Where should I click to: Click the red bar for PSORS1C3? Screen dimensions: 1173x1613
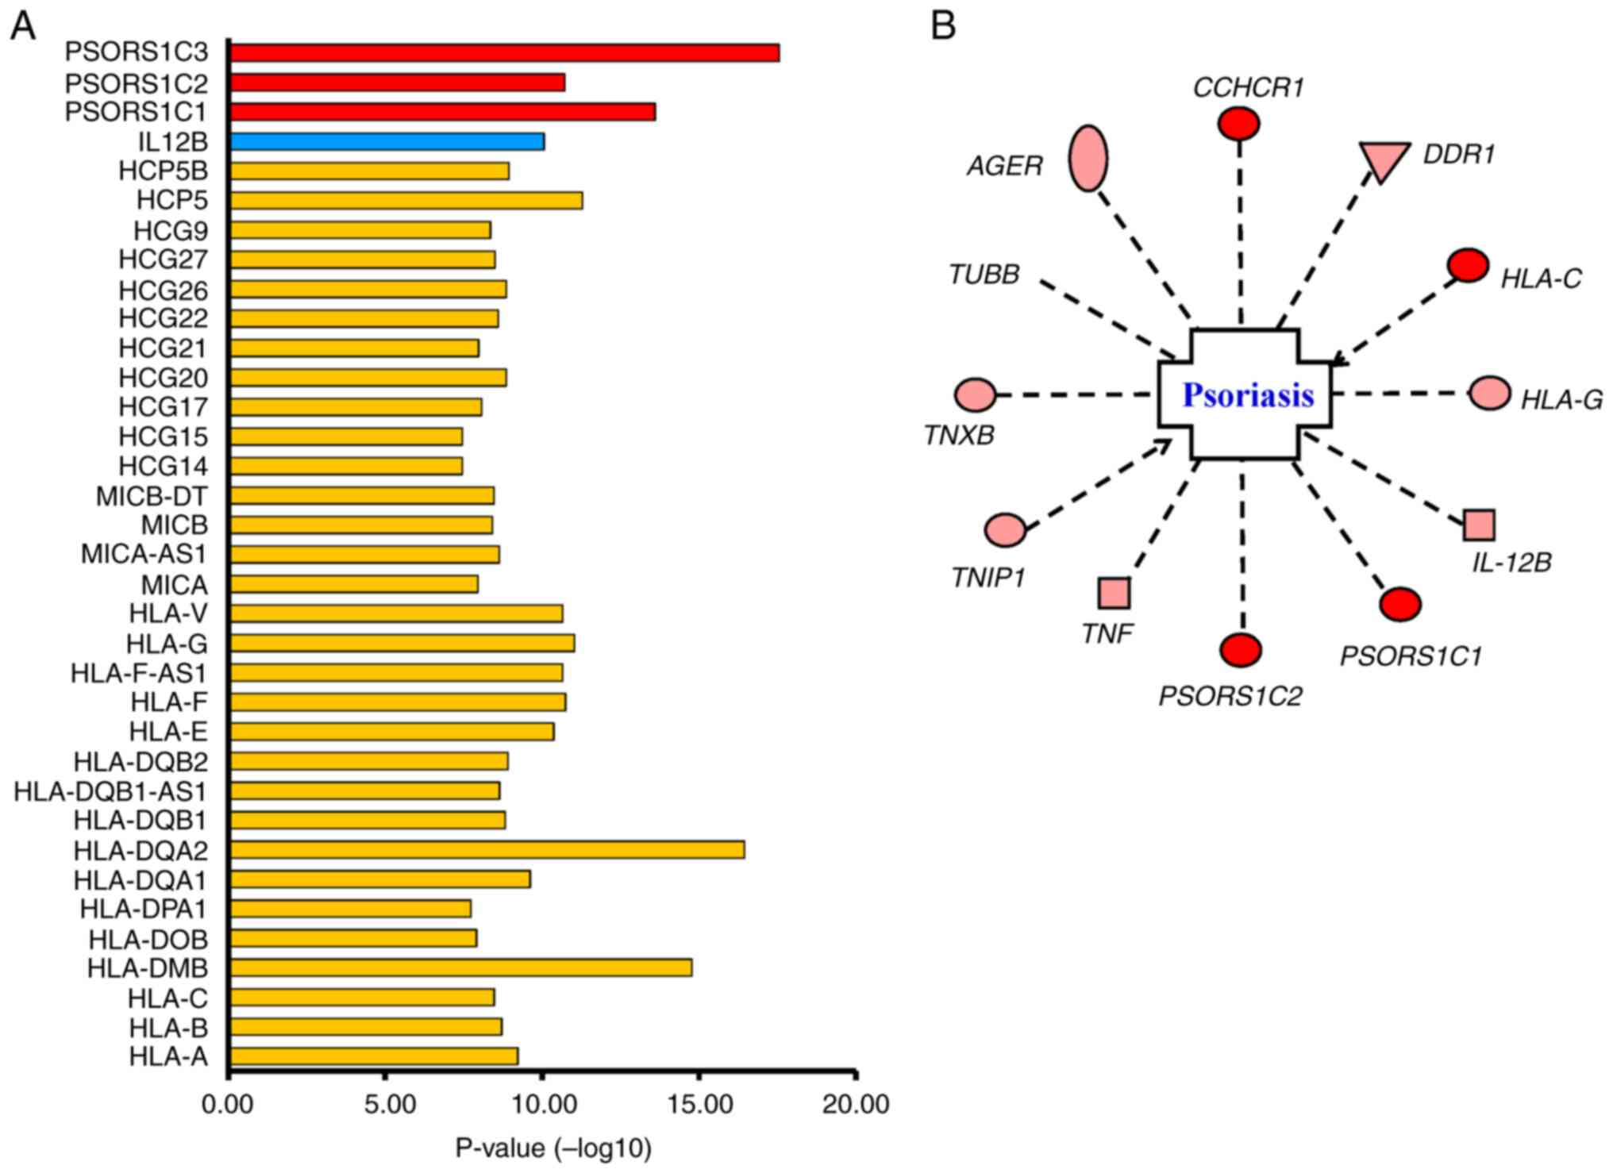[x=504, y=52]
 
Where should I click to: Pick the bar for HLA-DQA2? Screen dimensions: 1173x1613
[x=487, y=850]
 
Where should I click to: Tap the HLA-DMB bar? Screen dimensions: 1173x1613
[x=460, y=968]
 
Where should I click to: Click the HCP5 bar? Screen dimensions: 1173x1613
[x=406, y=201]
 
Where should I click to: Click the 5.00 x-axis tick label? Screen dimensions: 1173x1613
[x=385, y=1105]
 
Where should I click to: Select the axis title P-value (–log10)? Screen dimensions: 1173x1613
[x=553, y=1148]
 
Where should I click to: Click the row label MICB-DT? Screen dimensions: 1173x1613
[x=152, y=497]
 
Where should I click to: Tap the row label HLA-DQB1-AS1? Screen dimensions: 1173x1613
[x=110, y=791]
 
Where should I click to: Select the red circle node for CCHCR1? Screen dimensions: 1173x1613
[x=1238, y=124]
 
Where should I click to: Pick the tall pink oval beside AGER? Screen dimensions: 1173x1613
[x=1088, y=158]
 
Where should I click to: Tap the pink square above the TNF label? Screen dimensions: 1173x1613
[x=1114, y=593]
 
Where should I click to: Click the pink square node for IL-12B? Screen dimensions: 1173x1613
[x=1479, y=525]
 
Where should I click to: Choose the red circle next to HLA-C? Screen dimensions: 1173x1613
[x=1468, y=265]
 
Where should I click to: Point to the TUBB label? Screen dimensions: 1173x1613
[x=984, y=275]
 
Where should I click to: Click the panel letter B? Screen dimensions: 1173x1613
[x=943, y=26]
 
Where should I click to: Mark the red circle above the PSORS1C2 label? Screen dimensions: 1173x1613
[x=1241, y=650]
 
